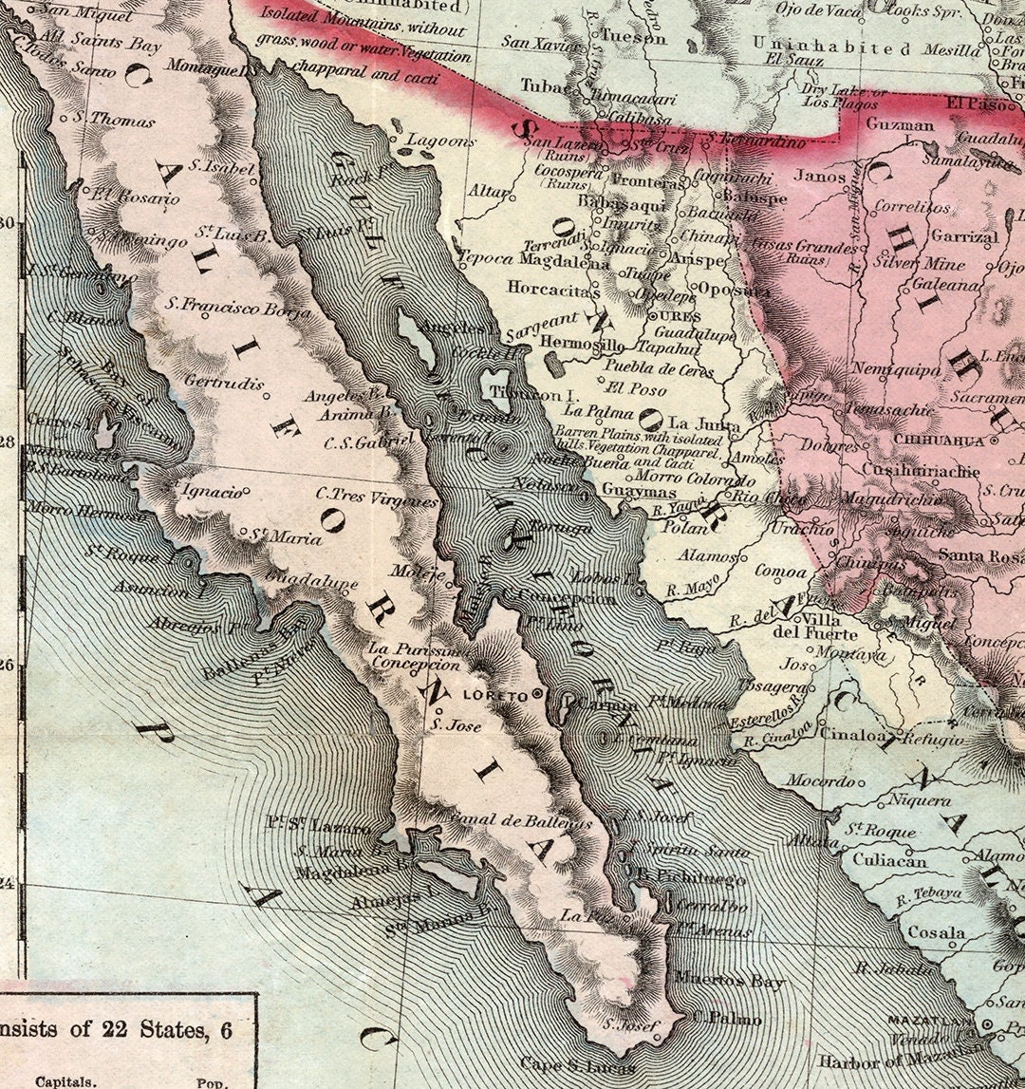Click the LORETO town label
tap(493, 695)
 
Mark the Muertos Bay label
tap(730, 981)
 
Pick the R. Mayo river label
tap(688, 589)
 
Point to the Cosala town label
tap(936, 933)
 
